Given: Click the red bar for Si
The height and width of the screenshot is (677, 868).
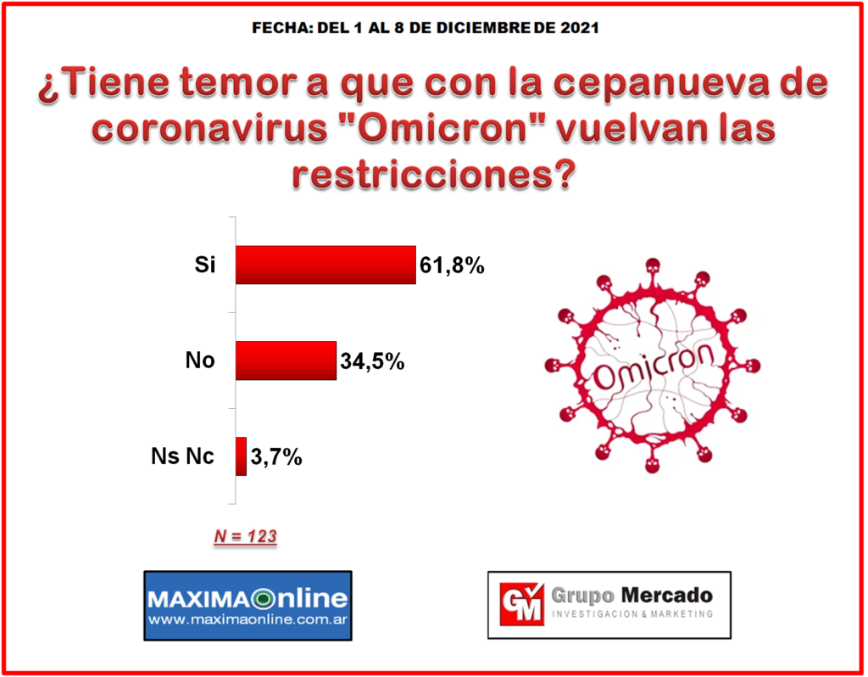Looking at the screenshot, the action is [x=325, y=265].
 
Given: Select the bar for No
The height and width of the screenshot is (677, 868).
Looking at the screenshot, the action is [x=286, y=361].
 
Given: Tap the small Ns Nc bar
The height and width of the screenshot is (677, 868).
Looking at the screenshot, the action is [x=241, y=456].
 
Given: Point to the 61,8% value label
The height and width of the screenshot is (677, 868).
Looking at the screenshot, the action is [x=452, y=266].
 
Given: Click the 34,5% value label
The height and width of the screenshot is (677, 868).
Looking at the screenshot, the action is [x=372, y=361].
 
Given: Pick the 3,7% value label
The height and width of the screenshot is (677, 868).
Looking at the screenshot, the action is [x=276, y=457].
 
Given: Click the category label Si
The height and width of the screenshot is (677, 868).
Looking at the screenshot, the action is [x=204, y=264].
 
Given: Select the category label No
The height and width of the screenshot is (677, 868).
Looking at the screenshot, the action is [x=200, y=360].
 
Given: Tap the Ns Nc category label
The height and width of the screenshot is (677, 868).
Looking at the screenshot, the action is [x=182, y=456].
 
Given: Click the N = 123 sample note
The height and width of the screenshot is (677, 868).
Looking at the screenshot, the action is [x=245, y=536].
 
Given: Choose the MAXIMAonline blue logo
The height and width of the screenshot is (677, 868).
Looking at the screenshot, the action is [x=248, y=606].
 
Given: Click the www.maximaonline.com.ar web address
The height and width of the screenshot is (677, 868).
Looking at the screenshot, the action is [x=248, y=619].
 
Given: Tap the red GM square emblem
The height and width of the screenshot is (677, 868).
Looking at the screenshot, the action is [x=521, y=604].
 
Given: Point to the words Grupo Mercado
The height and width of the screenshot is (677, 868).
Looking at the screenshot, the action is [x=632, y=596].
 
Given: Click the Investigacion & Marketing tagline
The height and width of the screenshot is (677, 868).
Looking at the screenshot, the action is [x=632, y=614].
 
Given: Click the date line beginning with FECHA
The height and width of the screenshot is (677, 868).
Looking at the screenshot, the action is [x=426, y=28].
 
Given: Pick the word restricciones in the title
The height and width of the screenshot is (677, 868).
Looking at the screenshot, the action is [x=434, y=175].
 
